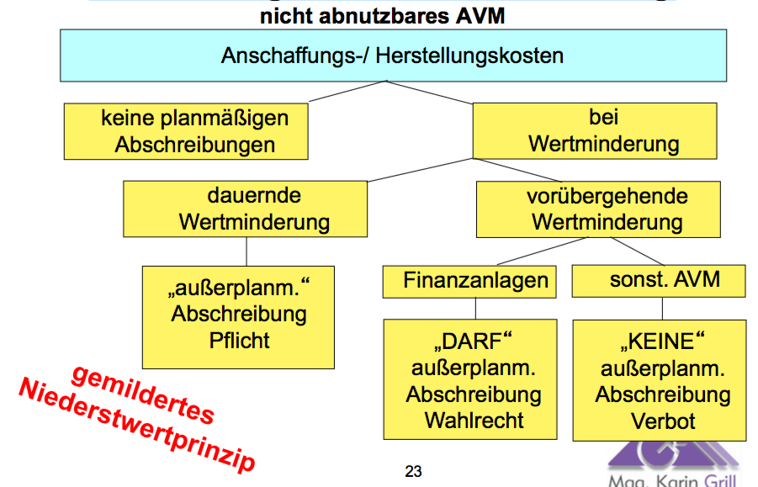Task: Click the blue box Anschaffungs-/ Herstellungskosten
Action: (392, 56)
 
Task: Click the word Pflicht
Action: (239, 341)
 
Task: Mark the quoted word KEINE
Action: (663, 343)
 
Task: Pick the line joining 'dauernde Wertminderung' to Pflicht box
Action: (246, 251)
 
